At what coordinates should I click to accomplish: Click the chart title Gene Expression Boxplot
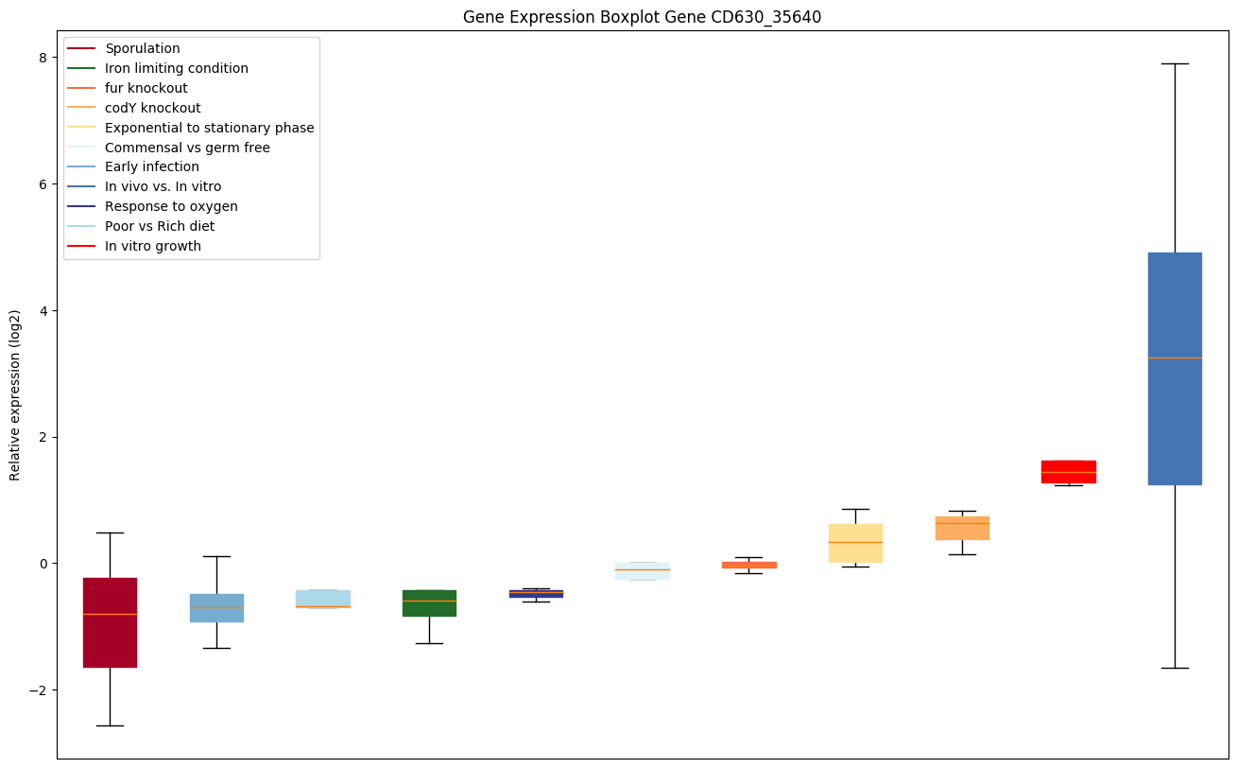642,17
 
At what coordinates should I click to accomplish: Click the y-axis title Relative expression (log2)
15,394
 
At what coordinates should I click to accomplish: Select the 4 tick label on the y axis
43,310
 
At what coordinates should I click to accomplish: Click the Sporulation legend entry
143,48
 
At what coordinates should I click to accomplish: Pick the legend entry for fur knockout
146,88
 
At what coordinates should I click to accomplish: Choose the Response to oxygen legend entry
171,206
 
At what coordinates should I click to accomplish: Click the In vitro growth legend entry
153,246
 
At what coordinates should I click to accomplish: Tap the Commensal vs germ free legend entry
187,148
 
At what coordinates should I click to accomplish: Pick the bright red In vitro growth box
1068,471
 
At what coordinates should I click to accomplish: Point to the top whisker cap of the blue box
1175,63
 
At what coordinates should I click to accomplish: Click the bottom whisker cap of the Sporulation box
110,725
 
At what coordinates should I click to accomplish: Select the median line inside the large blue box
1175,358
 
